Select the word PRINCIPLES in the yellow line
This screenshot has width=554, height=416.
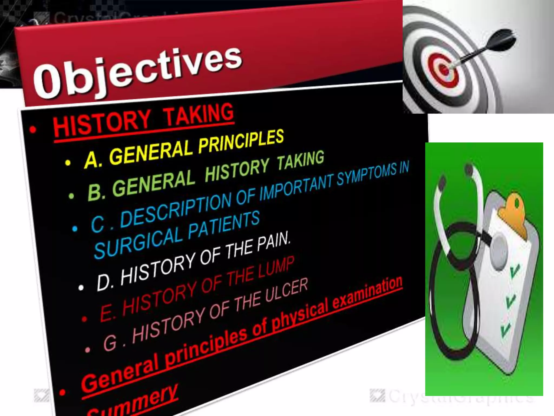pyautogui.click(x=241, y=142)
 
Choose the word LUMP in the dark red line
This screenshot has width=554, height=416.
pyautogui.click(x=276, y=268)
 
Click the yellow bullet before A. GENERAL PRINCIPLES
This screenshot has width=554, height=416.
pyautogui.click(x=68, y=162)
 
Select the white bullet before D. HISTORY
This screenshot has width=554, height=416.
pyautogui.click(x=81, y=287)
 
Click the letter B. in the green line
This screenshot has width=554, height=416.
pyautogui.click(x=96, y=191)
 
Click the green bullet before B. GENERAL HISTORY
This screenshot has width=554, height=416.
pyautogui.click(x=71, y=196)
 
